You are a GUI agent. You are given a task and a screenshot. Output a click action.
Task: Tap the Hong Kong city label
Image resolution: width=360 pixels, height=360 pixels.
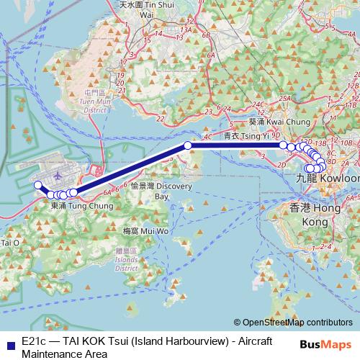pyautogui.click(x=315, y=215)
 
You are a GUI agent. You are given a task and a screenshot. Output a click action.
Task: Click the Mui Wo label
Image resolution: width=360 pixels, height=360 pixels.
pyautogui.click(x=145, y=231)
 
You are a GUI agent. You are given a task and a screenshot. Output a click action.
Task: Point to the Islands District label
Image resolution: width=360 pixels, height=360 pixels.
pyautogui.click(x=127, y=258)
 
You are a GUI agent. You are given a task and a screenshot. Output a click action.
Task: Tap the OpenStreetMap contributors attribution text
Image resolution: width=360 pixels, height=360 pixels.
pyautogui.click(x=297, y=323)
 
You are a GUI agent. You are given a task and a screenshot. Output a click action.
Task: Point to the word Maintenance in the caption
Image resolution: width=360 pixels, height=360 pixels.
pyautogui.click(x=55, y=354)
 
